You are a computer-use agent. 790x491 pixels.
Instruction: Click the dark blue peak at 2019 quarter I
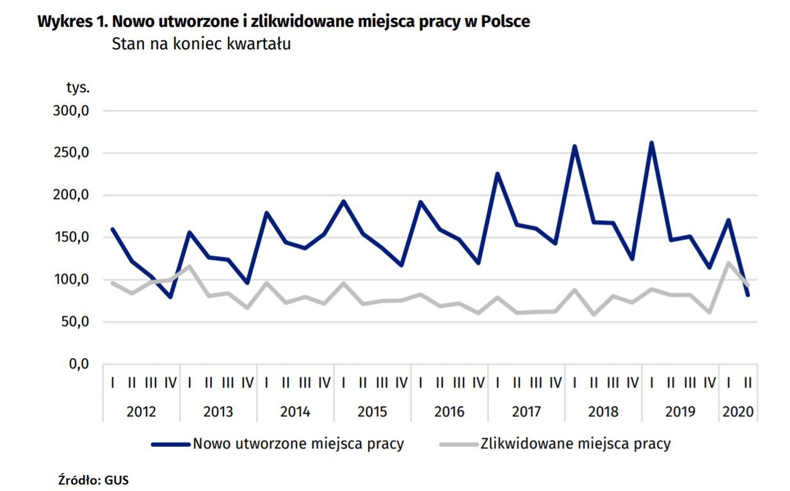click(651, 143)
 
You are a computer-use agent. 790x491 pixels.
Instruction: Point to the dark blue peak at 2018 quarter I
click(574, 147)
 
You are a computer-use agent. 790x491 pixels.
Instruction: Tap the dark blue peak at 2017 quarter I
click(497, 173)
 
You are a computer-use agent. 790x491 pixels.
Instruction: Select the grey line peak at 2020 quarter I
click(729, 262)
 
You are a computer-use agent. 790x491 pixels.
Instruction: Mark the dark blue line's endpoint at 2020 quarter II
click(747, 295)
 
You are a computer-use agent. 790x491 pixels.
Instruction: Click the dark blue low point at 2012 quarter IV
click(170, 297)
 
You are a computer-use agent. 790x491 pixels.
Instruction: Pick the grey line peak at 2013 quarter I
click(189, 266)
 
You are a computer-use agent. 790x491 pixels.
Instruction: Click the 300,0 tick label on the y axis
click(70, 111)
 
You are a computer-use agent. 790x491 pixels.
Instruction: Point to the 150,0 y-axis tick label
click(70, 237)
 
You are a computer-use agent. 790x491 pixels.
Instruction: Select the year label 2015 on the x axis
click(372, 411)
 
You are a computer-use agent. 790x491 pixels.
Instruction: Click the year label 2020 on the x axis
click(738, 411)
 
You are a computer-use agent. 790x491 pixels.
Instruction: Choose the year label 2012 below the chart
click(141, 411)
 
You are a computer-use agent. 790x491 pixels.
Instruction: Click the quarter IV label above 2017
click(555, 383)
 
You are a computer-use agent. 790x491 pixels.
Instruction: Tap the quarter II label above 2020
click(747, 383)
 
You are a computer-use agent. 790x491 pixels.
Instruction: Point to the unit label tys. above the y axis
click(77, 86)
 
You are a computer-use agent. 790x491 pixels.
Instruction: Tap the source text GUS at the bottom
click(117, 479)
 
